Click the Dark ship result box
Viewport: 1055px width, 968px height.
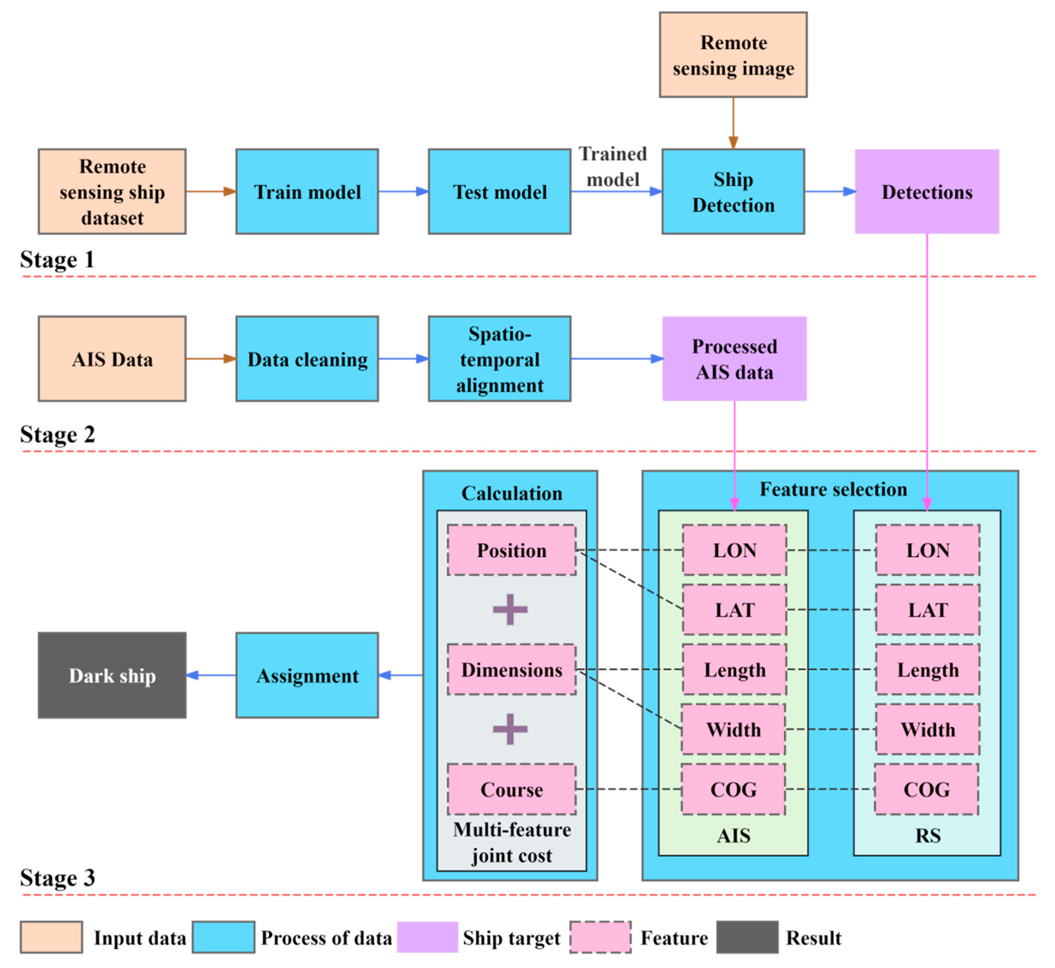(112, 675)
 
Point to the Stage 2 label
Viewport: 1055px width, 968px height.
(58, 434)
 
